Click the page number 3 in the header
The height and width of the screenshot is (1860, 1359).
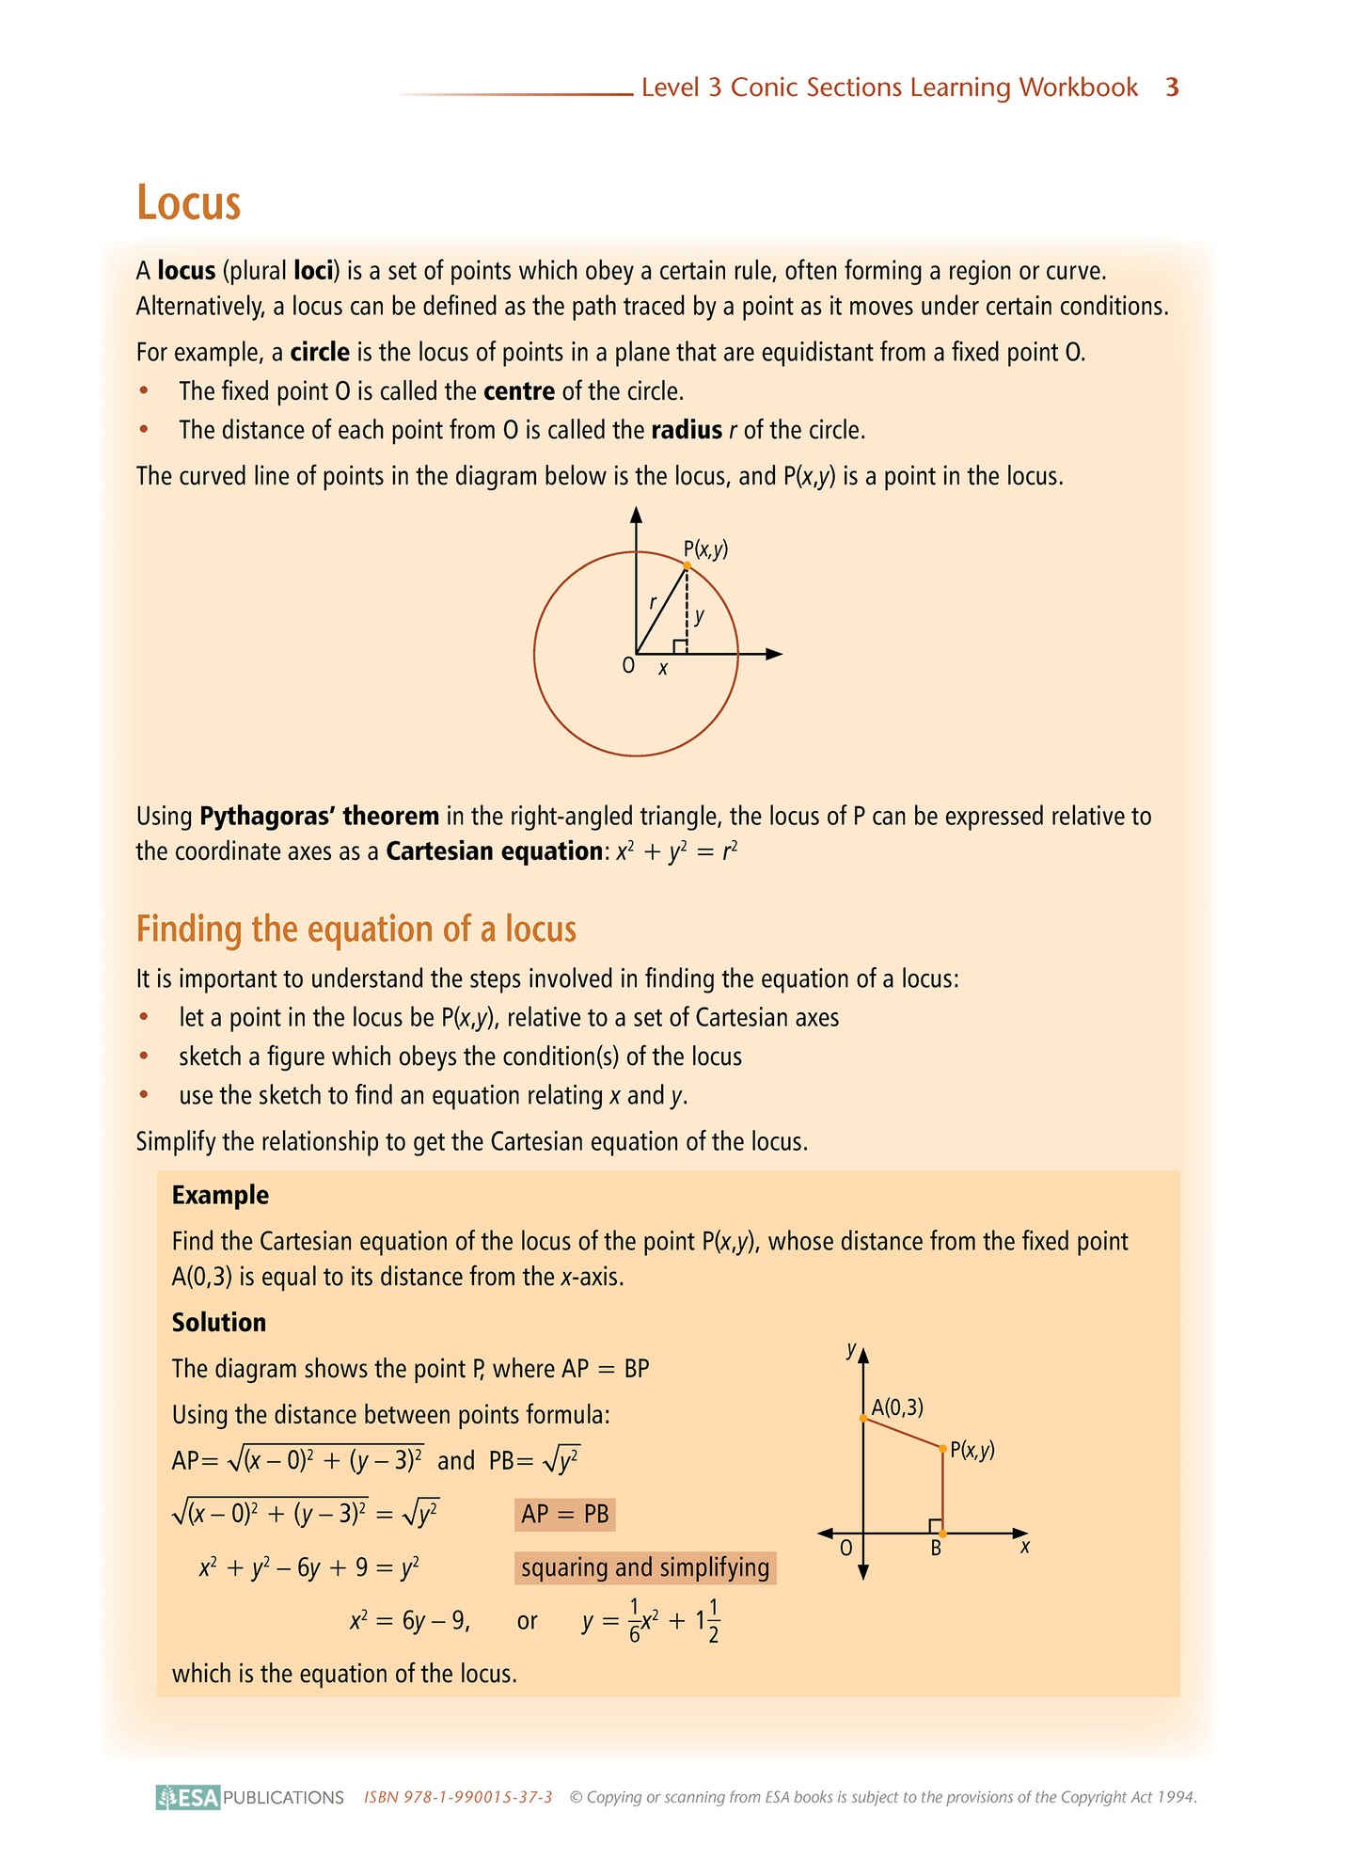tap(1172, 87)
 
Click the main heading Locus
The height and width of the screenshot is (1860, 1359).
tap(189, 202)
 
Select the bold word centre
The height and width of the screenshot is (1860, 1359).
tap(519, 391)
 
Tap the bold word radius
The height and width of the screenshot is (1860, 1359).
tap(687, 431)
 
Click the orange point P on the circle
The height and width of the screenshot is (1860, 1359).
tap(687, 565)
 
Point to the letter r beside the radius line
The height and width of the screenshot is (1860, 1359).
tap(653, 603)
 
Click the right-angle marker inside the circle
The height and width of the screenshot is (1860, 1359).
tap(679, 646)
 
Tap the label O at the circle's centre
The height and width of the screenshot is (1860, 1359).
tap(628, 666)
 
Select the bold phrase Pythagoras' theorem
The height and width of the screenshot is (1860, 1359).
tap(320, 816)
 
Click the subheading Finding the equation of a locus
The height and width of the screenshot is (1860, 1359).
tap(356, 929)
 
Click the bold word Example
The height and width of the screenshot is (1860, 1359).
tap(220, 1196)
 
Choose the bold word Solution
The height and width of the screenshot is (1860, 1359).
tap(219, 1323)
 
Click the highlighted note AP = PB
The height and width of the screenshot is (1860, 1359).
tap(565, 1515)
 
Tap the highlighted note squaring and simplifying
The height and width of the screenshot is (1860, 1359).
tap(645, 1567)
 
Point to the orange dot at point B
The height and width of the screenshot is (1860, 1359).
tap(942, 1534)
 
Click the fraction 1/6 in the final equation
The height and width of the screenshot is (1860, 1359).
tap(635, 1621)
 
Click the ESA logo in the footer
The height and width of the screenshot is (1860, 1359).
tap(188, 1797)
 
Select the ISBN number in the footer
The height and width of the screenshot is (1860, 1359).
tap(458, 1797)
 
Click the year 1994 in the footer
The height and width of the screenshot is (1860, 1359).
tap(1176, 1797)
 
